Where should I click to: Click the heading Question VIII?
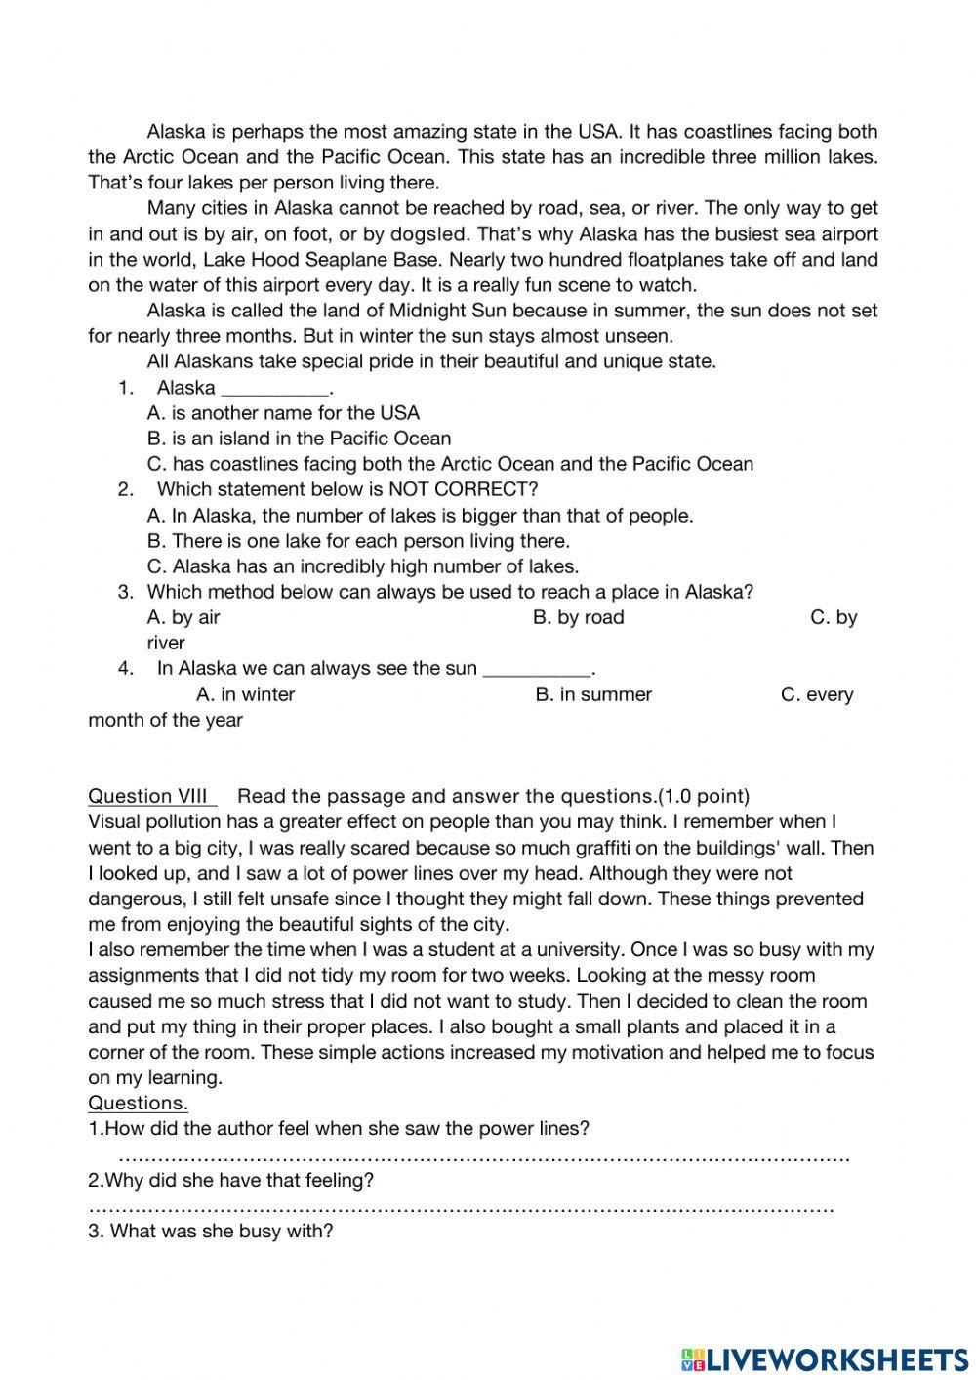tap(151, 795)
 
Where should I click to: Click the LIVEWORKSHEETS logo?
tap(825, 1359)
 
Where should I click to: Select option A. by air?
tap(183, 617)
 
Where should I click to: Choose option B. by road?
tap(578, 617)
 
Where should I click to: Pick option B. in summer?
tap(593, 694)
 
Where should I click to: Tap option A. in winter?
tap(245, 694)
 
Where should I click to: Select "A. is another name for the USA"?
tap(283, 413)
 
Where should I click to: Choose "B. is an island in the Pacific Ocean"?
tap(299, 439)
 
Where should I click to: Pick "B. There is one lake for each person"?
tap(358, 541)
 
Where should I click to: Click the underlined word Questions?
tap(138, 1103)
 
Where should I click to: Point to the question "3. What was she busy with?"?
tap(211, 1231)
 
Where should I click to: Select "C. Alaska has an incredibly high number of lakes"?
tap(362, 566)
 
